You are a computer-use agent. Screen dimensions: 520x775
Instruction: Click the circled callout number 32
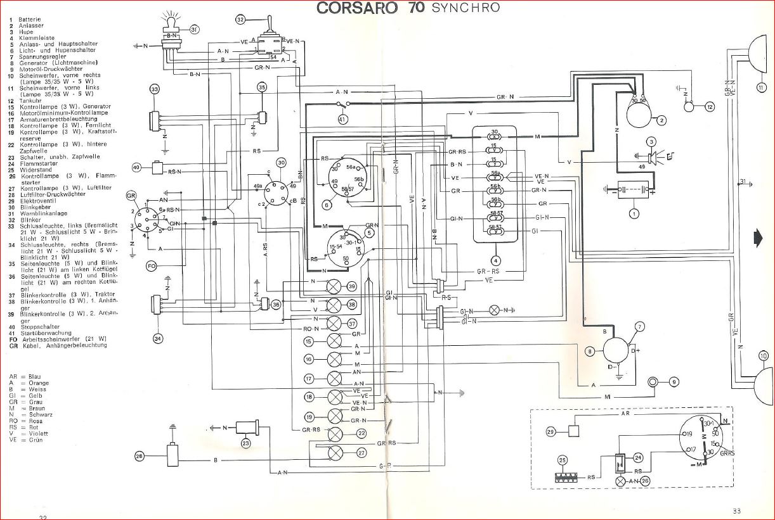click(241, 20)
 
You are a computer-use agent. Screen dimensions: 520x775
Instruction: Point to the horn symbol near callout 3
click(651, 156)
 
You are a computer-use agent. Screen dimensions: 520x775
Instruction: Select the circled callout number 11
click(760, 87)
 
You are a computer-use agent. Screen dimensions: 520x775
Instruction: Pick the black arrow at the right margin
click(757, 238)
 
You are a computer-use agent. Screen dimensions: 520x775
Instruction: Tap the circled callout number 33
click(155, 89)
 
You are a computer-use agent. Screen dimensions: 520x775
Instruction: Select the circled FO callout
click(151, 265)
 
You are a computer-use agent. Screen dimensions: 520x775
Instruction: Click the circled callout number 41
click(343, 119)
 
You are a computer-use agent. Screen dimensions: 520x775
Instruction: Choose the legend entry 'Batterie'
click(30, 20)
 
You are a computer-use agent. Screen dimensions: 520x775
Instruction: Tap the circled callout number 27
click(361, 452)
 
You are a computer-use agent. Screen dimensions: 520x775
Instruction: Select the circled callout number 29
click(550, 431)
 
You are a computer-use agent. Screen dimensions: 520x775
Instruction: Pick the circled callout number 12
click(709, 107)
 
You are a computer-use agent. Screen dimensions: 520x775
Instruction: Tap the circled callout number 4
click(495, 260)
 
